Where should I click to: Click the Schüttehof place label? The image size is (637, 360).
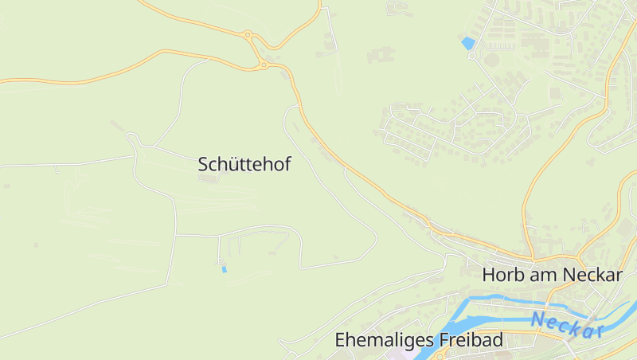click(244, 165)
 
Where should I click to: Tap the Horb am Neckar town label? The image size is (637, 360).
click(552, 275)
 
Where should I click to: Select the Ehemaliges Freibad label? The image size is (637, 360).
click(419, 340)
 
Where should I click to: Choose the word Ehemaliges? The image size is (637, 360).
click(384, 340)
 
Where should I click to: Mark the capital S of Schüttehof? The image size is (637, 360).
click(203, 165)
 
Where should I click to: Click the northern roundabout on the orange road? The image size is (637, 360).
click(248, 34)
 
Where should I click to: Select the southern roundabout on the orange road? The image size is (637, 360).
click(264, 65)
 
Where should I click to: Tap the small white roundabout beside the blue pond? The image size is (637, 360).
click(471, 56)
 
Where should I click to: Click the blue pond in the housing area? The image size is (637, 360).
click(467, 41)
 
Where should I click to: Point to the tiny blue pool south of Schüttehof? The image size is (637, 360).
click(224, 269)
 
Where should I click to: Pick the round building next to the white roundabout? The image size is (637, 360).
click(493, 59)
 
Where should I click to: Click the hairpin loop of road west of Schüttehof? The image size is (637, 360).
click(134, 141)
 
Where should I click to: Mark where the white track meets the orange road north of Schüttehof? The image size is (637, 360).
click(209, 58)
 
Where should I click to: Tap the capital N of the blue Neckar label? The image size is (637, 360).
click(539, 319)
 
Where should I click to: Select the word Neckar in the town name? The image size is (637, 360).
click(591, 275)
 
